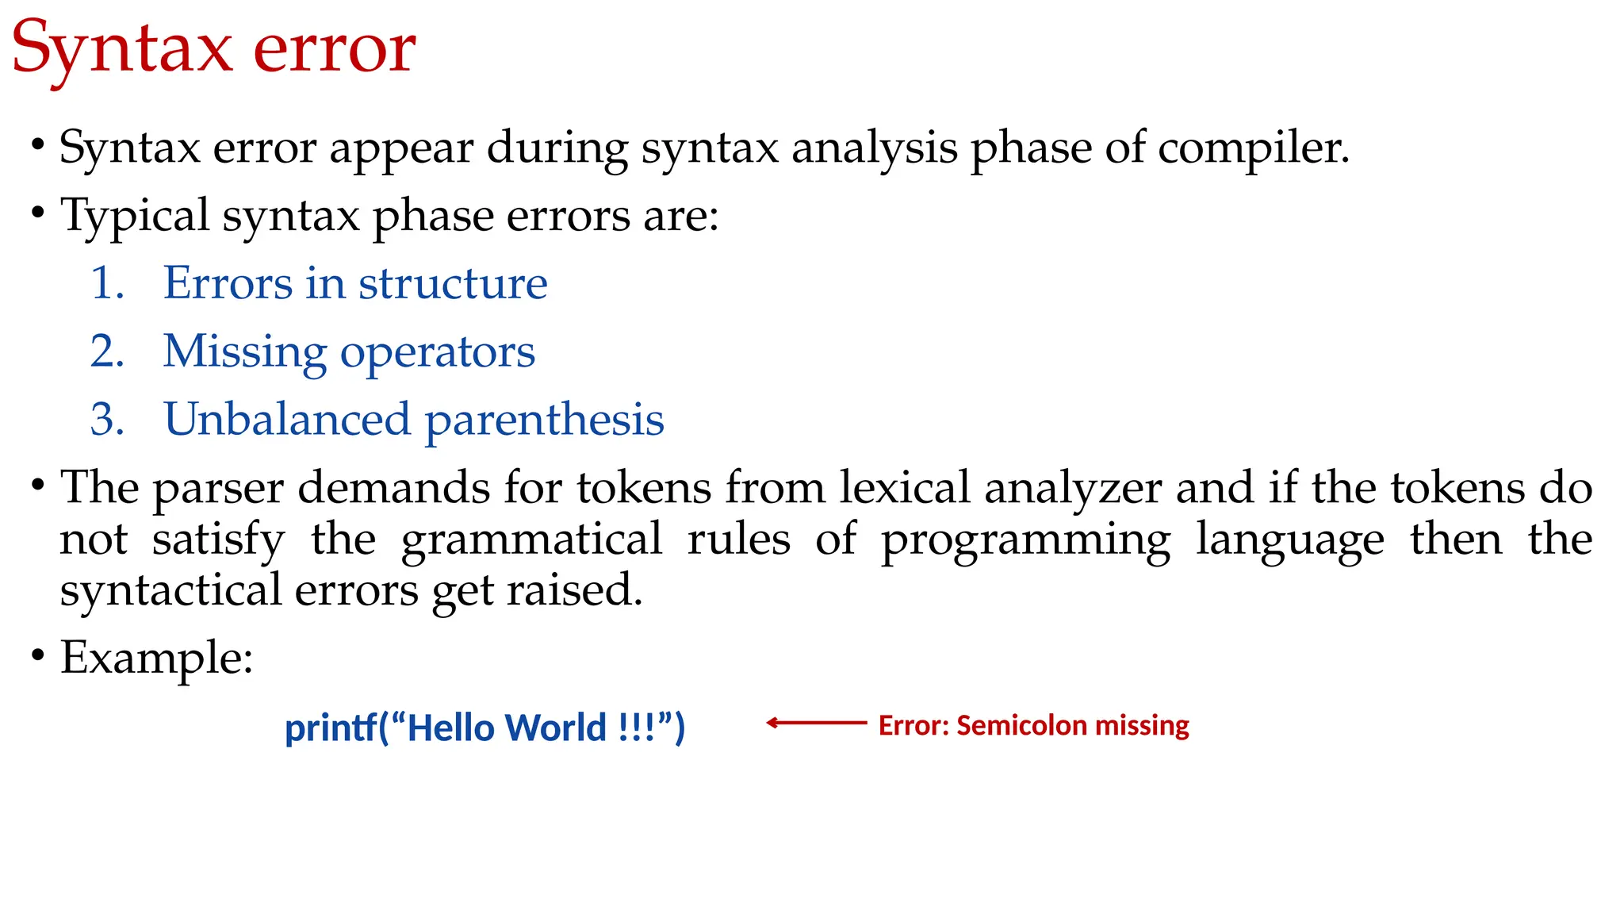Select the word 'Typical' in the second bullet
[x=135, y=216]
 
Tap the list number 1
[x=107, y=283]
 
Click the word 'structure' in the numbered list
[x=453, y=283]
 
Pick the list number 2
[x=107, y=351]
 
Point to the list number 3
[x=107, y=420]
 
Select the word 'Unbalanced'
[x=287, y=420]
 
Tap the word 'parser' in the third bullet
[x=218, y=489]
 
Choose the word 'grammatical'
[x=531, y=540]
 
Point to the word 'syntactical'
[x=170, y=592]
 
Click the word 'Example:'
[x=157, y=659]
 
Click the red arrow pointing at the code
[x=817, y=723]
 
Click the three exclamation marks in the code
[x=637, y=728]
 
